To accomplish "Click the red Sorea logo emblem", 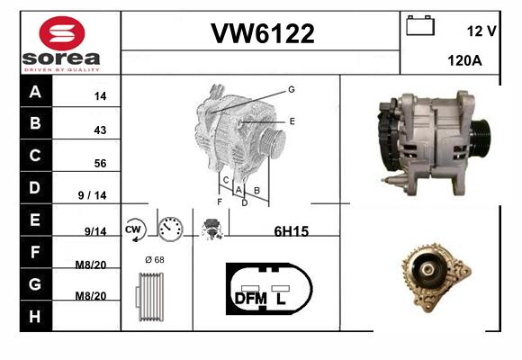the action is click(62, 33).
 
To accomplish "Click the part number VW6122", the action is click(263, 33).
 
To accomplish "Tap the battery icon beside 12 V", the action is click(420, 25).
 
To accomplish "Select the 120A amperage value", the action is click(464, 60).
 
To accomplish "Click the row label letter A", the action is click(35, 91).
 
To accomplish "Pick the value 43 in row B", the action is click(100, 130).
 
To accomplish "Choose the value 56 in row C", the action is click(100, 163).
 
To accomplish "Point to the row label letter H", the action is click(35, 317).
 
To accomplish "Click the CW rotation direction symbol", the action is click(134, 229).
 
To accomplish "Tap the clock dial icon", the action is click(170, 229).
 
